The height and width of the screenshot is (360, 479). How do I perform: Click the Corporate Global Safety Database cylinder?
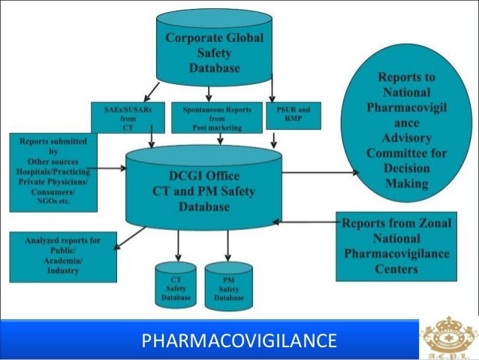214,53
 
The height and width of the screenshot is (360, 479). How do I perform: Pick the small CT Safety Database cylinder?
176,286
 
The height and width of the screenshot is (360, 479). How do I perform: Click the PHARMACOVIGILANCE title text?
239,341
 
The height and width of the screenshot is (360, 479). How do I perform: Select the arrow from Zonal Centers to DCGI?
308,222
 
